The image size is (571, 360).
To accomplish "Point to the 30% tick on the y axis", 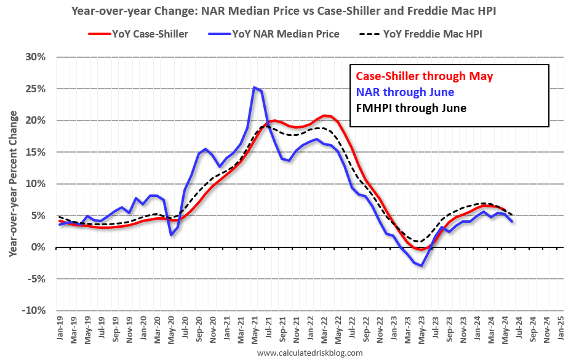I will click(x=36, y=57).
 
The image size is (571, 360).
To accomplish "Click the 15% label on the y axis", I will click(x=36, y=152).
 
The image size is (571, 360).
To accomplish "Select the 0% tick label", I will click(x=38, y=247).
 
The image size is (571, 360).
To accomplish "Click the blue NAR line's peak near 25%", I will click(x=254, y=87).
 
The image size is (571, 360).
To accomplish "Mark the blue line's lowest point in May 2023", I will click(x=421, y=265).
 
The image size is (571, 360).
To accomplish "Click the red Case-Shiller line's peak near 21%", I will click(x=324, y=115).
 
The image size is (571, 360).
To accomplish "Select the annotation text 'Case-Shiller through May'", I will click(x=425, y=76).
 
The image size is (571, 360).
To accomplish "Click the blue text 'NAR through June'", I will click(x=405, y=92).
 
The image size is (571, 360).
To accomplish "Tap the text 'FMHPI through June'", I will click(x=411, y=108).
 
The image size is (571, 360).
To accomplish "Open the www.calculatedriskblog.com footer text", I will click(x=309, y=353).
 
